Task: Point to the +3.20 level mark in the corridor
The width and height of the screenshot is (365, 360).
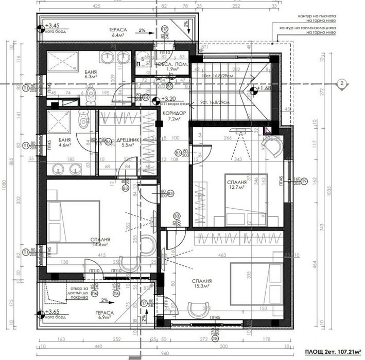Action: pos(169,98)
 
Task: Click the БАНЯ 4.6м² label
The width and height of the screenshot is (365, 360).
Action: pos(64,143)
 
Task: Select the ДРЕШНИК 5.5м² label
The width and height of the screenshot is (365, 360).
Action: pos(124,142)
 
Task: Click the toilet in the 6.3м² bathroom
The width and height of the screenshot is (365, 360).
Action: pos(91,95)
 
